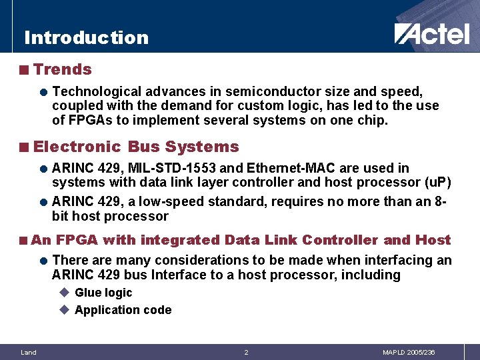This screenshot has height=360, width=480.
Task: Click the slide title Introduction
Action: pyautogui.click(x=86, y=37)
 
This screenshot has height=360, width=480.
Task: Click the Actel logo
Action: pyautogui.click(x=431, y=33)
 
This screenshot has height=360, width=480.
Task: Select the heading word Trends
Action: pyautogui.click(x=63, y=69)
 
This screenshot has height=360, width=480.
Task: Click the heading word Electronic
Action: pyautogui.click(x=77, y=147)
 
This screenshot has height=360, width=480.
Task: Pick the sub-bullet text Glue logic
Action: pyautogui.click(x=103, y=293)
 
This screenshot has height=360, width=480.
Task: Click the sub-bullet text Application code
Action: pyautogui.click(x=123, y=310)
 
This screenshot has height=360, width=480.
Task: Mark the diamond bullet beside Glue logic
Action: pyautogui.click(x=64, y=293)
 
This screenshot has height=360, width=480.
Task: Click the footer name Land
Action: pyautogui.click(x=29, y=352)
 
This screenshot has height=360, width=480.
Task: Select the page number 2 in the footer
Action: pyautogui.click(x=246, y=352)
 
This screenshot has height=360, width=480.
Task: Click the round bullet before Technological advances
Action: pyautogui.click(x=42, y=91)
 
